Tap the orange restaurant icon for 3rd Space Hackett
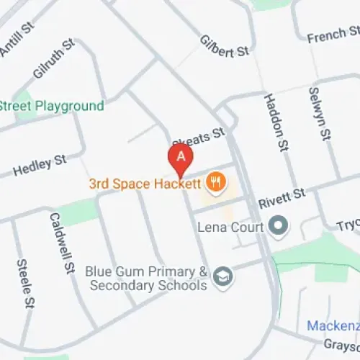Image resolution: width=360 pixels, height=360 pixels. tap(214, 184)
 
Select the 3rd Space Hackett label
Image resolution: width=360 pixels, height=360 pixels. tap(144, 184)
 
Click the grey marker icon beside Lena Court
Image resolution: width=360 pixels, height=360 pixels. tap(278, 228)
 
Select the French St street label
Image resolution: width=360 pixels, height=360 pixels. tap(333, 35)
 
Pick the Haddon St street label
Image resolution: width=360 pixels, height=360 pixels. tap(274, 123)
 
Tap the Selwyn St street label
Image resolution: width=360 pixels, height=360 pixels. tap(318, 114)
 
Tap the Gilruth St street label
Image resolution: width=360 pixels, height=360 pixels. tap(53, 59)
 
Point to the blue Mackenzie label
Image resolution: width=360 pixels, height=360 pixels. tap(333, 326)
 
